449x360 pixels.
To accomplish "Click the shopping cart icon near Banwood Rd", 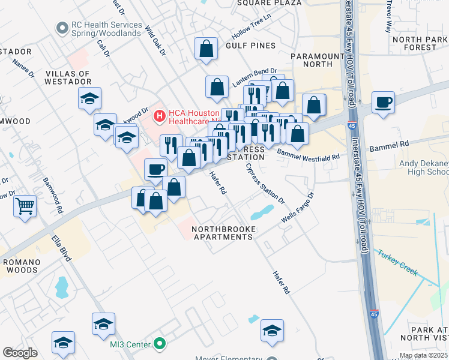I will pos(25,206).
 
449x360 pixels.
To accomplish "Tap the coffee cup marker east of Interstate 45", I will pos(383,103).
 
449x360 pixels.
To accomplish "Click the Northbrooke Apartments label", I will pos(223,233).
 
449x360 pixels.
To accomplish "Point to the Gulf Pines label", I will pos(251,46).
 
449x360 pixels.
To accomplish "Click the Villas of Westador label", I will pos(67,78).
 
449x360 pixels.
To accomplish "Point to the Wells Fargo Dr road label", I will pos(298,208).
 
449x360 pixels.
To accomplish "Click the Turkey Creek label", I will pos(397,262).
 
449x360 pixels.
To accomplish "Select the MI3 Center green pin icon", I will pos(159,344).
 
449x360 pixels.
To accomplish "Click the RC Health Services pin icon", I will pos(61,28).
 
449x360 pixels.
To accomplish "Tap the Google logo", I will pos(20,353).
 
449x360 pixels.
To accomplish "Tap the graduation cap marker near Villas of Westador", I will pos(89,99).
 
